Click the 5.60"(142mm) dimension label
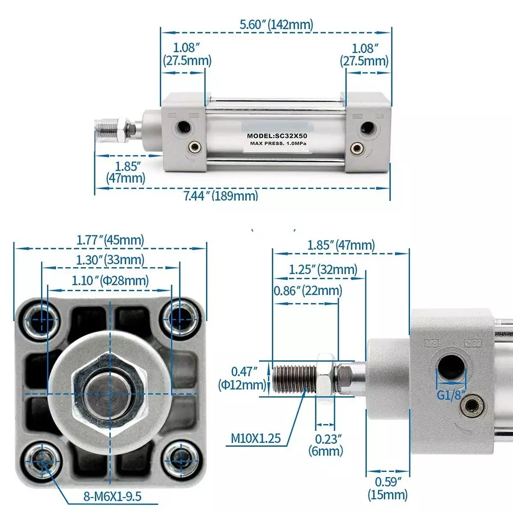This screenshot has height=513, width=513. [x=277, y=24]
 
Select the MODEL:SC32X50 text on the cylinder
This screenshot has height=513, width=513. [x=277, y=136]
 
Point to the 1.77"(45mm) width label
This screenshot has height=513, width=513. [x=110, y=240]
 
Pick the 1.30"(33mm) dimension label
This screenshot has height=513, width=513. [x=110, y=260]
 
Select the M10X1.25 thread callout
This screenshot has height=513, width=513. [x=255, y=439]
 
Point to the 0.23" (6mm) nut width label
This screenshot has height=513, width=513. [x=325, y=445]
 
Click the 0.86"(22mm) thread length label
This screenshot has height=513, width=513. [x=307, y=291]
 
